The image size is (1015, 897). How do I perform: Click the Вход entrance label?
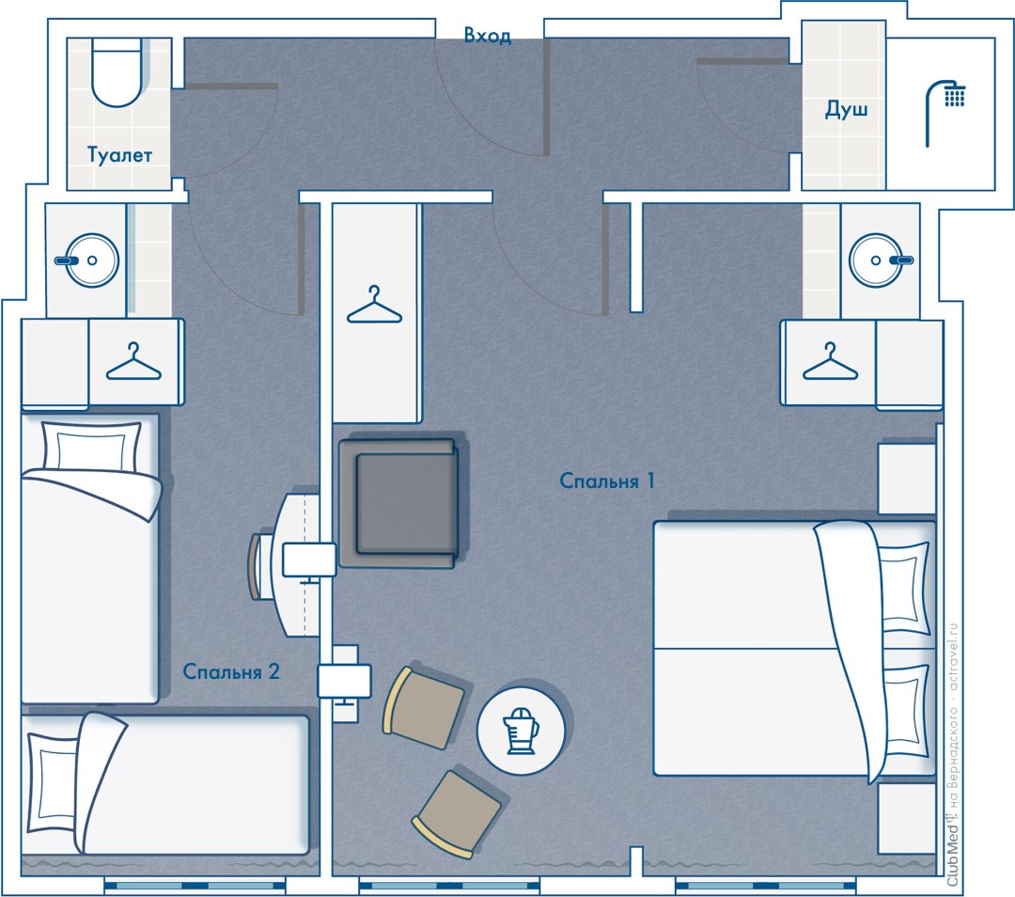click(488, 35)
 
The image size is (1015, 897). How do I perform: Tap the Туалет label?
click(119, 155)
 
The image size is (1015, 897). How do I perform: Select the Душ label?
click(846, 109)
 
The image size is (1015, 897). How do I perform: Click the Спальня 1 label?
click(607, 480)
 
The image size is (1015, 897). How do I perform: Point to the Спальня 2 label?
click(231, 671)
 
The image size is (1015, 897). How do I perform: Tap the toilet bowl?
click(117, 72)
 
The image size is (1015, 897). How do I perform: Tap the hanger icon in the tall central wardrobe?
click(374, 305)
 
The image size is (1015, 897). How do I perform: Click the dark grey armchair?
click(399, 502)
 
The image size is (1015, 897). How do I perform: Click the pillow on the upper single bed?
click(91, 447)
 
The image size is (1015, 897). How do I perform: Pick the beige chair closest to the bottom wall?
click(457, 813)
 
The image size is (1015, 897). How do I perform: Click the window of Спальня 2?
click(195, 886)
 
